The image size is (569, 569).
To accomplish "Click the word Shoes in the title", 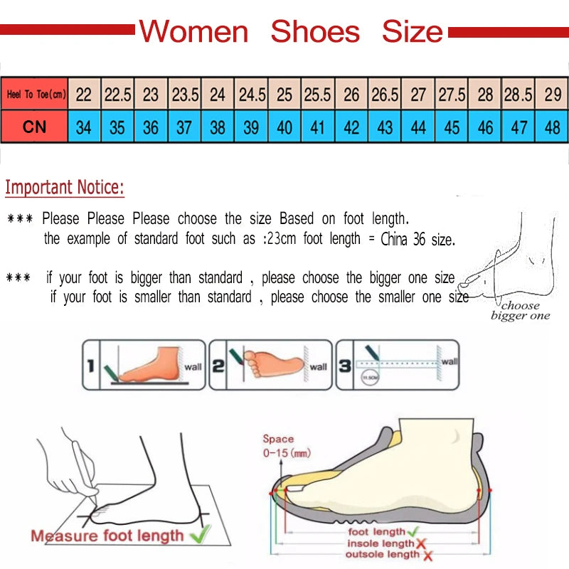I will (x=315, y=31).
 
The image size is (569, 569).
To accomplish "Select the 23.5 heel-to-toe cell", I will (x=185, y=95).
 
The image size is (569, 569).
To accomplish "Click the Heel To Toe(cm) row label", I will (x=36, y=95).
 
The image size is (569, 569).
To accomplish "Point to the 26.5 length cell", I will (x=385, y=95).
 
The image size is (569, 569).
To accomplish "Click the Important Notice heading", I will (x=65, y=188).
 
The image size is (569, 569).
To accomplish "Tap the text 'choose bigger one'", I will (x=520, y=311).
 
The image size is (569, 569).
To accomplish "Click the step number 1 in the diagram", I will (x=90, y=367).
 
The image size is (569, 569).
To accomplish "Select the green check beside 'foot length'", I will (x=413, y=531).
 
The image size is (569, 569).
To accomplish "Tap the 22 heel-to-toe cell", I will (x=84, y=95).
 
